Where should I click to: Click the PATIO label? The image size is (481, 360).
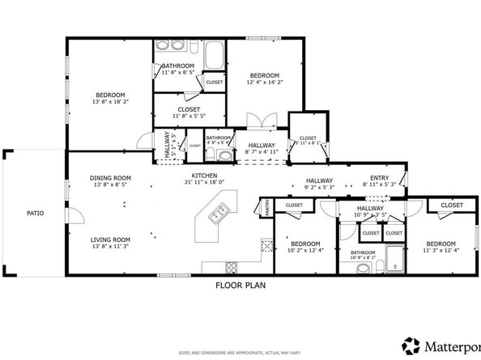[x=33, y=214]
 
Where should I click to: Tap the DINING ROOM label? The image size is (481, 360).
[x=110, y=178]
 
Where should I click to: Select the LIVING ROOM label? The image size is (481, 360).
[x=110, y=239]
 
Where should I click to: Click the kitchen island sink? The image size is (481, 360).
[x=218, y=214]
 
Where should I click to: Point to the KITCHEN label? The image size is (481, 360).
[x=202, y=176]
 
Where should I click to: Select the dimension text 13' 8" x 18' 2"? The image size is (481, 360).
[x=111, y=102]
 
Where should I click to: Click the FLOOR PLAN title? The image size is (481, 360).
[x=240, y=285]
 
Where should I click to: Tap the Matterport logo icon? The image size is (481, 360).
[x=412, y=346]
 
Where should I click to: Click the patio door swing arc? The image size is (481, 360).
[x=75, y=214]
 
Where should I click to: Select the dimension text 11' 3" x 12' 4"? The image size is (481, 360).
[x=441, y=250]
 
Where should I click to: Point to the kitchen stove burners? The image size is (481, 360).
[x=231, y=268]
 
